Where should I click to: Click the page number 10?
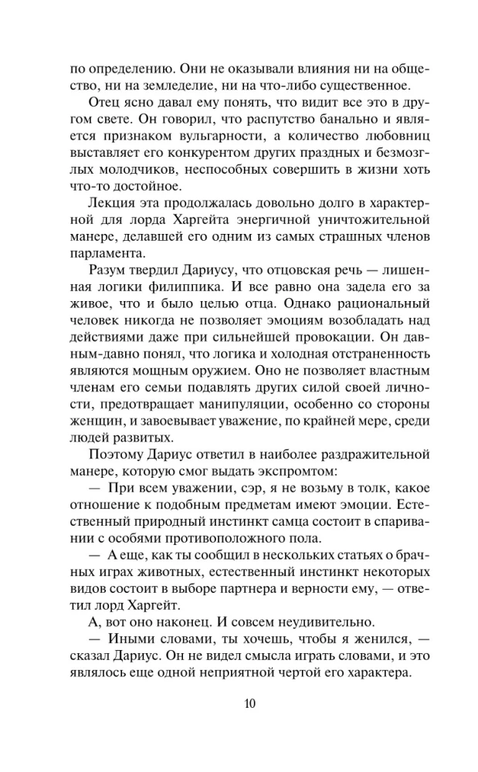239,703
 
